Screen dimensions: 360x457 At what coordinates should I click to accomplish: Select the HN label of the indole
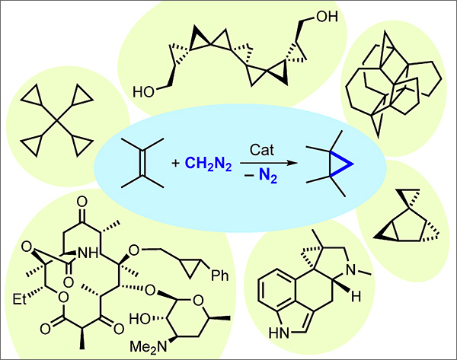click(282, 333)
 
